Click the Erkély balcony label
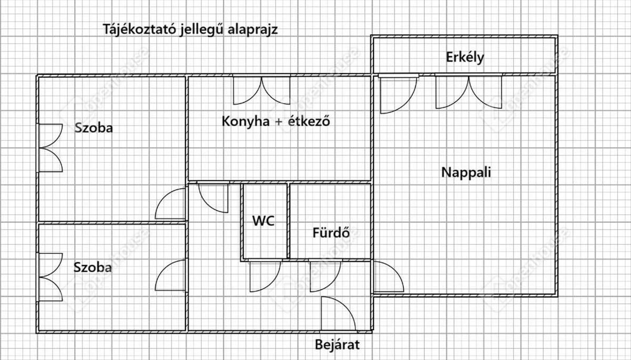(x=465, y=58)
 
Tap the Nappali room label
(x=466, y=172)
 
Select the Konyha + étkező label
(x=276, y=121)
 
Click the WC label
(x=263, y=221)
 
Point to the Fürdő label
(x=331, y=233)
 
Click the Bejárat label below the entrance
(x=337, y=345)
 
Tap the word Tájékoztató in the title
(x=140, y=29)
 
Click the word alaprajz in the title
(x=253, y=30)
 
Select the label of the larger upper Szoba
(x=94, y=128)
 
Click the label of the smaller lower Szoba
(x=93, y=267)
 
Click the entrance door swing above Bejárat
(x=338, y=314)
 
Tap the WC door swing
(x=265, y=276)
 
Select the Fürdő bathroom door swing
(x=325, y=276)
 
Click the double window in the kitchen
(x=262, y=90)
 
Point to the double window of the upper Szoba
(x=50, y=148)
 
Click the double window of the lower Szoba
(x=50, y=277)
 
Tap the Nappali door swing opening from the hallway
(x=388, y=276)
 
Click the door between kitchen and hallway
(x=213, y=198)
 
